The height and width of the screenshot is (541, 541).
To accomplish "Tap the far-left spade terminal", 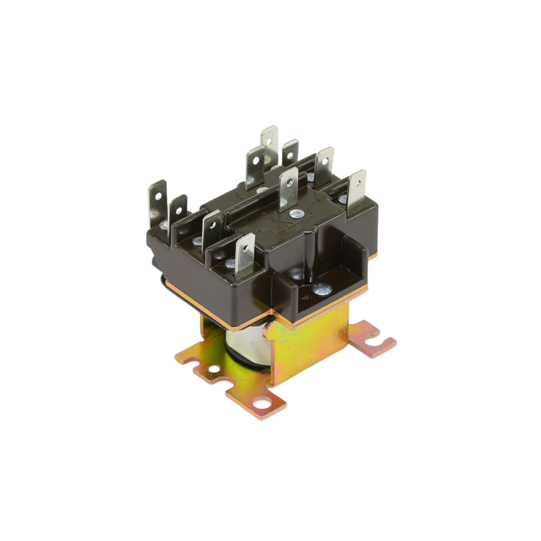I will coord(157,201).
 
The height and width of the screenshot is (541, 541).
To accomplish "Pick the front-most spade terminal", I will coord(245,256).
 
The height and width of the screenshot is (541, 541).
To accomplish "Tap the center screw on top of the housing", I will coord(295,214).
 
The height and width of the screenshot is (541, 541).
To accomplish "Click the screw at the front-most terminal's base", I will coord(230,263).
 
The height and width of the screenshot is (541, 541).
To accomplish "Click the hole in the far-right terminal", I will coord(358,182).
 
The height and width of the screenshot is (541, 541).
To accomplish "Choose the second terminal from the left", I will coord(178,209).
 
